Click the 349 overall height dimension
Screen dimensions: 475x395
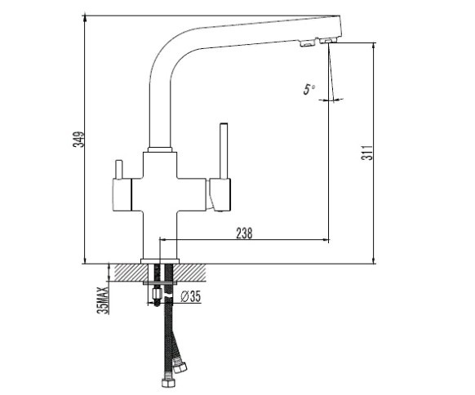[x=78, y=140]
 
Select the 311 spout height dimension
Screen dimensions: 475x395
[x=367, y=153]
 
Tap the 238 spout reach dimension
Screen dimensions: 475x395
[x=244, y=233]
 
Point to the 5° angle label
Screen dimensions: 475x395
[x=309, y=89]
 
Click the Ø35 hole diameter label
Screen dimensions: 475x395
[x=191, y=296]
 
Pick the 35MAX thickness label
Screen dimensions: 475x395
[x=104, y=300]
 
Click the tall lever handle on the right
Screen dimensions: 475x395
[x=224, y=151]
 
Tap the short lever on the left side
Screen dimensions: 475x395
[x=118, y=169]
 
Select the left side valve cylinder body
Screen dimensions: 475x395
[x=122, y=195]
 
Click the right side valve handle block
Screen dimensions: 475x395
[x=219, y=194]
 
